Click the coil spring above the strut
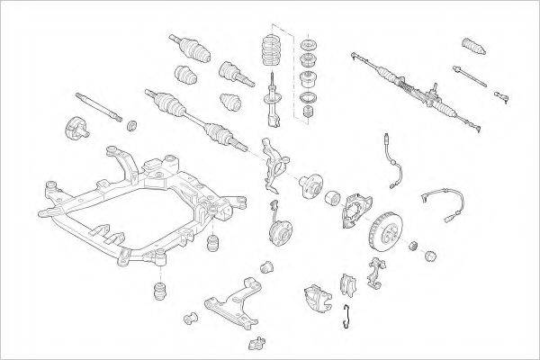pyautogui.click(x=272, y=53)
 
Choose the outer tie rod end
pyautogui.click(x=499, y=91)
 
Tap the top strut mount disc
pyautogui.click(x=311, y=47)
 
